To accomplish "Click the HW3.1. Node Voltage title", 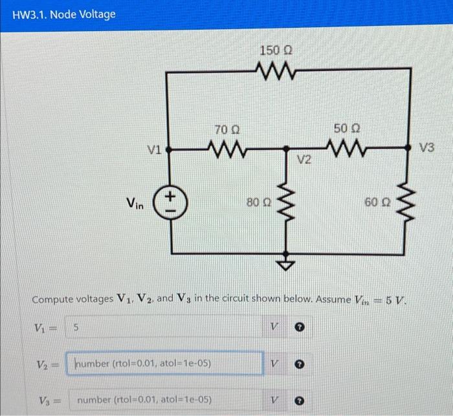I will [63, 14].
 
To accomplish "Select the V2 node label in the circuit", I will [304, 159].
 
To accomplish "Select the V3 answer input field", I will [165, 400].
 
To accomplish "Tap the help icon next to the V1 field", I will [300, 329].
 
